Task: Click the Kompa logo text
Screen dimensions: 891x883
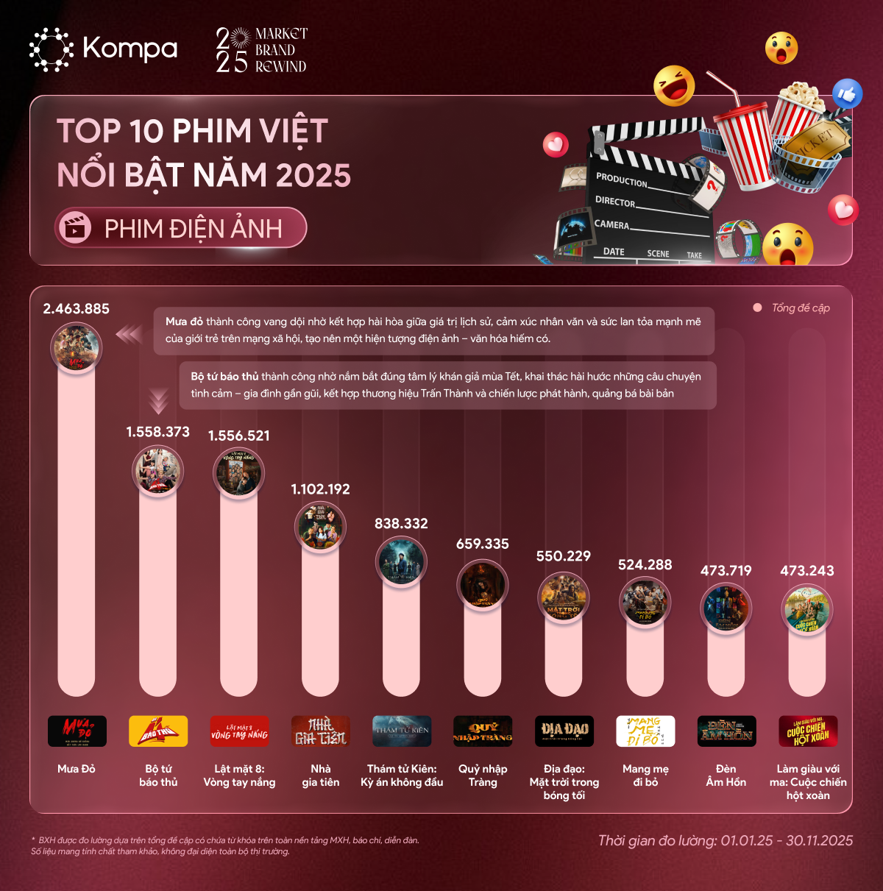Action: pos(130,49)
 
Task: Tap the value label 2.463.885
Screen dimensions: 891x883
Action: pos(76,309)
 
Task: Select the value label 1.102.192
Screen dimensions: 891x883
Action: pos(320,489)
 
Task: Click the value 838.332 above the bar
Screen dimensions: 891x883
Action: pos(401,524)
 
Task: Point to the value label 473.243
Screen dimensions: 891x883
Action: pos(806,571)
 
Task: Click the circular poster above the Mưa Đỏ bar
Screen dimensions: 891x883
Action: pos(77,348)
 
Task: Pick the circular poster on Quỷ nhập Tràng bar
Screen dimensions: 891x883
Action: pos(483,585)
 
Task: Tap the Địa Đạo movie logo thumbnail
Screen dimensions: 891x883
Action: pos(564,731)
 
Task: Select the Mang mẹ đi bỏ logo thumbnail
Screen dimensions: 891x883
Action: pos(645,731)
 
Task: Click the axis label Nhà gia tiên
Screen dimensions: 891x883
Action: pos(320,775)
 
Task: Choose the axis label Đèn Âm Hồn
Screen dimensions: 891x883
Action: pos(726,775)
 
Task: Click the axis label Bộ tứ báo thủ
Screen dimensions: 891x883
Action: pos(158,775)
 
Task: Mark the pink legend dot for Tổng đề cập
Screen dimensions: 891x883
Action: pos(757,308)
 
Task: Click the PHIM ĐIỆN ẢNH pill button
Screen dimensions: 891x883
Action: pos(181,228)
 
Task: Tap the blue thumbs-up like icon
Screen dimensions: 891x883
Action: pos(847,93)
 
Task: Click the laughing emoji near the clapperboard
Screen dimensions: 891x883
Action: pos(674,86)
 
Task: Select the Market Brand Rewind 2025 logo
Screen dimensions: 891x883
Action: pos(261,50)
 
